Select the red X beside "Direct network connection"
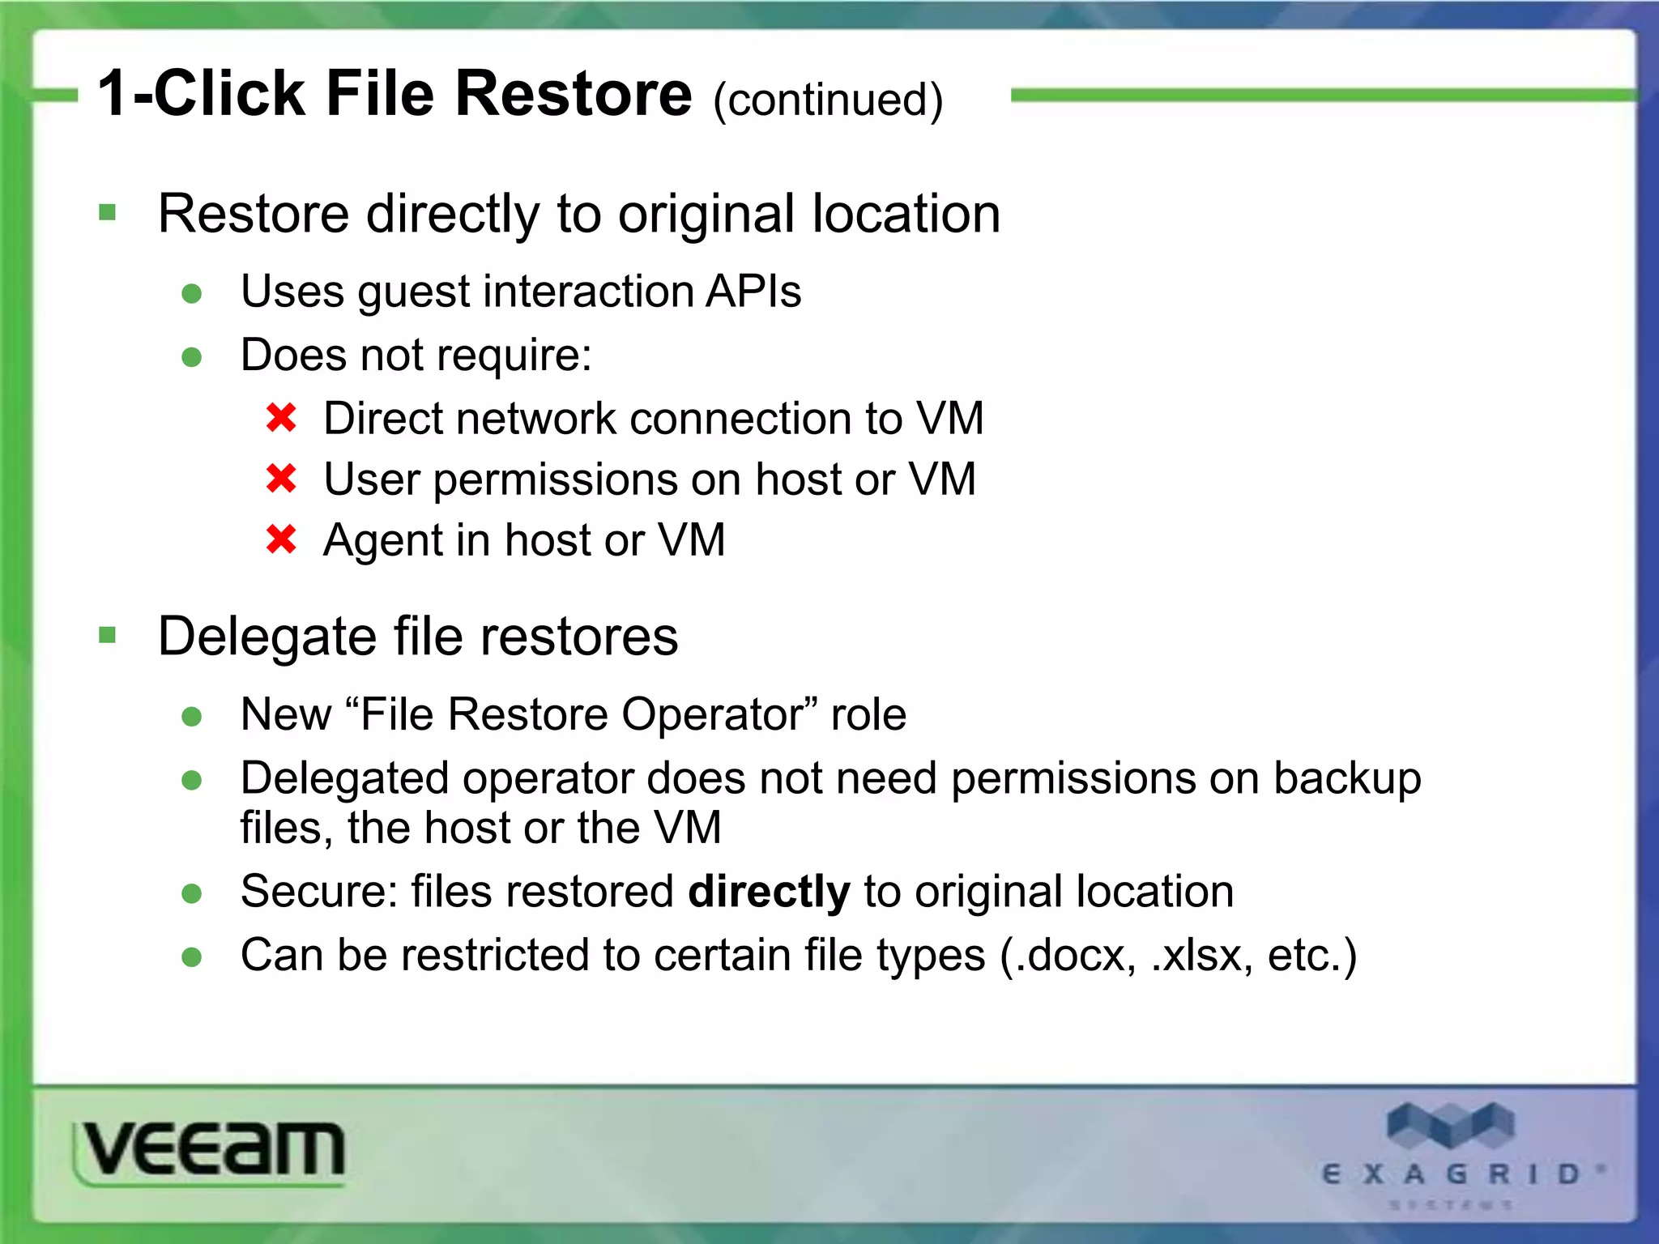(x=281, y=418)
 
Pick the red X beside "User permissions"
(x=281, y=479)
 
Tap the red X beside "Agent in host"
(x=281, y=539)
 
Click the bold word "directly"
(x=769, y=892)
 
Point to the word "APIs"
(x=753, y=291)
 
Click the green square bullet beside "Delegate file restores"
(x=107, y=635)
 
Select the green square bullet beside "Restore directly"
(x=107, y=213)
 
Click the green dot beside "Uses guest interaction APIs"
(x=192, y=293)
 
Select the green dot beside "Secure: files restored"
(x=192, y=893)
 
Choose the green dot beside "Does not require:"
(x=192, y=357)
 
